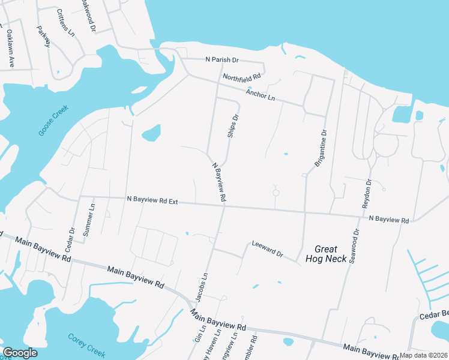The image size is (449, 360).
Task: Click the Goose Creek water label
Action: click(53, 121)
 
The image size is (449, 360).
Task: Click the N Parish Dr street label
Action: click(222, 60)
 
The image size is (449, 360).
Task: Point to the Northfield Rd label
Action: click(242, 77)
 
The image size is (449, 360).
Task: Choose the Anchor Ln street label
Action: click(260, 95)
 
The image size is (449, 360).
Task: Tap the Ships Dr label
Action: click(233, 126)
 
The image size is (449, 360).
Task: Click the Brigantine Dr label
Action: click(320, 148)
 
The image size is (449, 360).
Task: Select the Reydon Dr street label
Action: click(367, 194)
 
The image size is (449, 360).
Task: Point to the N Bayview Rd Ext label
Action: click(152, 200)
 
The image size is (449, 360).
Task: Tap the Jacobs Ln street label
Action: click(201, 287)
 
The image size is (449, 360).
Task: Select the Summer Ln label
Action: click(89, 220)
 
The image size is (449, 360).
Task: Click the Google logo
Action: click(20, 353)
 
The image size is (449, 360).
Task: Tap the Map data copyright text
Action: click(424, 355)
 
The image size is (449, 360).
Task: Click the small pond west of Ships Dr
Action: click(151, 133)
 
